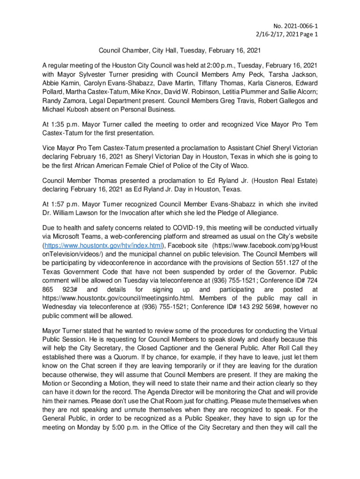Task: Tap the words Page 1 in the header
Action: point(309,35)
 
